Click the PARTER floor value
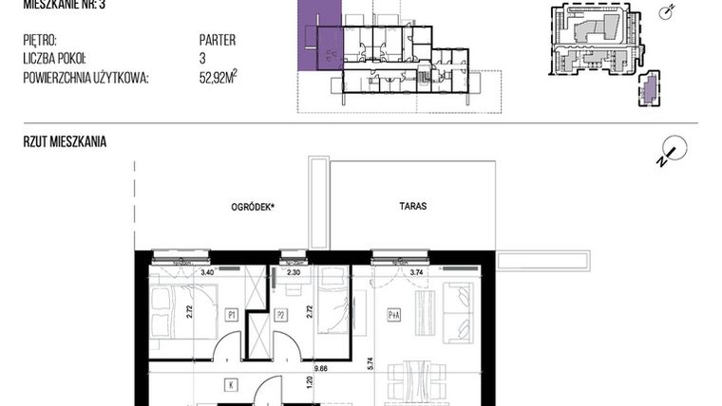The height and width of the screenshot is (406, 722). [218, 40]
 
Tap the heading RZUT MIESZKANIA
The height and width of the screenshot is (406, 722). [65, 141]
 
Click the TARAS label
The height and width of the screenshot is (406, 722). [413, 206]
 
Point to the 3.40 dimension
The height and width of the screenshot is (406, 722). [206, 273]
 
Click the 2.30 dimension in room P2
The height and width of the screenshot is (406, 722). [294, 273]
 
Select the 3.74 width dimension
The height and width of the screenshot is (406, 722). [414, 273]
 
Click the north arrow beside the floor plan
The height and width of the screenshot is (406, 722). [668, 152]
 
